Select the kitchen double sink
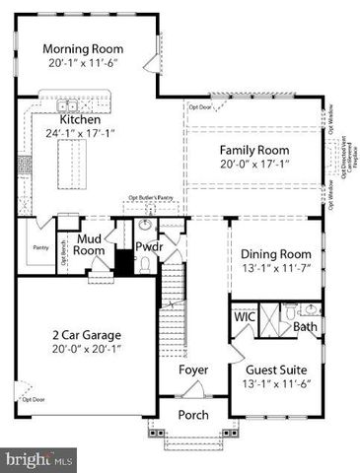point(67,105)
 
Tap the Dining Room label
point(275,253)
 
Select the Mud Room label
point(90,244)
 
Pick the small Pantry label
point(40,247)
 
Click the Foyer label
point(192,370)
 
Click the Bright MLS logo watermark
point(39,458)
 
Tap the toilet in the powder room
point(145,264)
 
